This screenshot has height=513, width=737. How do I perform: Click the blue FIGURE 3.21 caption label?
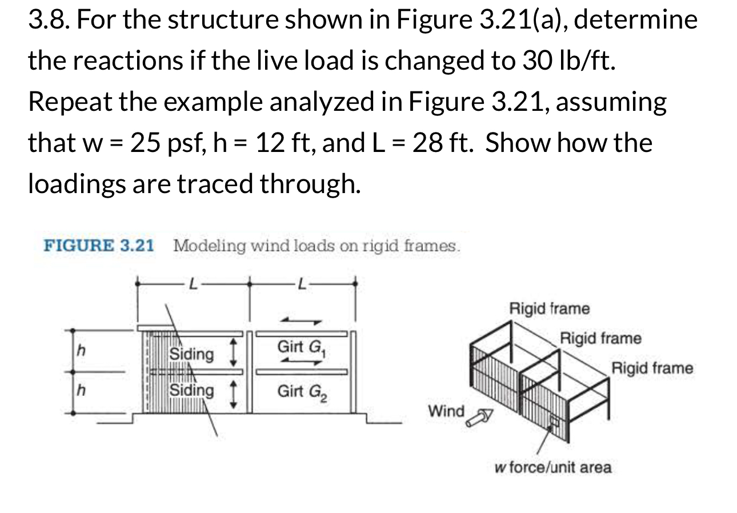click(99, 246)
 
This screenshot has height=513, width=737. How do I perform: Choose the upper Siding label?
click(192, 354)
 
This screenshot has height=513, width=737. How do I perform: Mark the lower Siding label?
click(192, 391)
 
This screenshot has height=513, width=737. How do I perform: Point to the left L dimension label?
click(193, 283)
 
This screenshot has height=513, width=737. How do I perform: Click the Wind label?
click(446, 411)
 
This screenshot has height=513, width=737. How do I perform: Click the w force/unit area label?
click(552, 468)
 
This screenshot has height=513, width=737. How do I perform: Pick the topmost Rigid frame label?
click(549, 309)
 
